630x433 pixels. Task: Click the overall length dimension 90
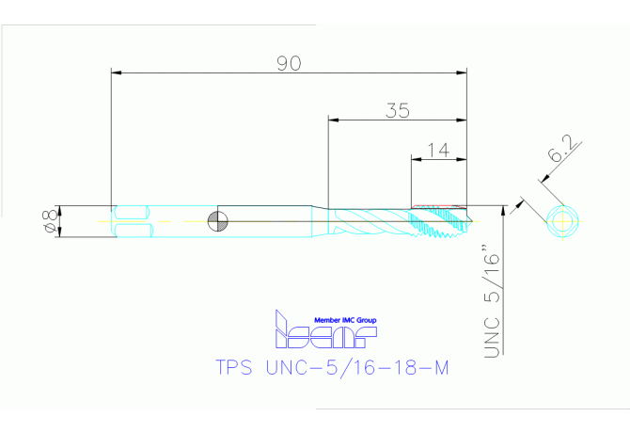289,63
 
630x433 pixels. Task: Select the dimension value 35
398,110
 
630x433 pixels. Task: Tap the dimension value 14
437,149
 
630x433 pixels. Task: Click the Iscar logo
323,330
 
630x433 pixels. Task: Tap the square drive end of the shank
131,222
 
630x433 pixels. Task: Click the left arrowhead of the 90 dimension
116,72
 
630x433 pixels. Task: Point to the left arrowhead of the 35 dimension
332,120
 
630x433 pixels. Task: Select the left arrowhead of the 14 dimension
415,158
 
